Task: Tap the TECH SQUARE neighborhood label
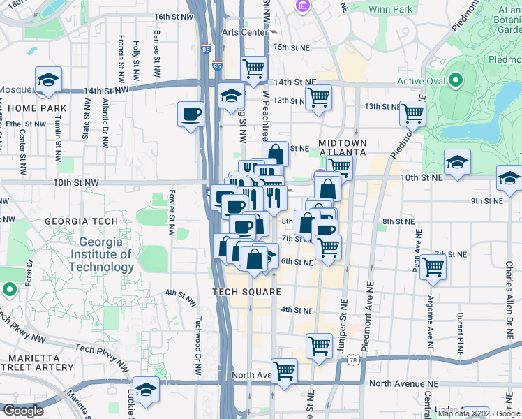[x=246, y=292]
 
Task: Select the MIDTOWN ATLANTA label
[x=342, y=147]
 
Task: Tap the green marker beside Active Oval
[x=456, y=81]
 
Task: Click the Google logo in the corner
[x=22, y=411]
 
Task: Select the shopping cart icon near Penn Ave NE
[x=433, y=266]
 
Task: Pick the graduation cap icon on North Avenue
[x=146, y=388]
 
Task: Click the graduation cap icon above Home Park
[x=48, y=80]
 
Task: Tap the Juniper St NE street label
[x=343, y=323]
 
